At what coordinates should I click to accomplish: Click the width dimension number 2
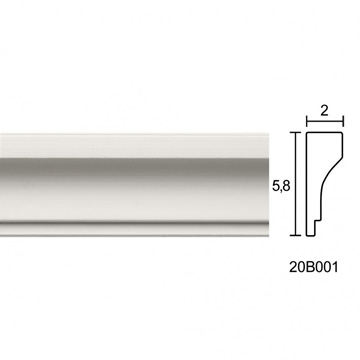[324, 111]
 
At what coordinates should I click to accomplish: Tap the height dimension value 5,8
[281, 187]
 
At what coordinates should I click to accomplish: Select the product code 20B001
[313, 267]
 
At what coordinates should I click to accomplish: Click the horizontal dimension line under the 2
[325, 121]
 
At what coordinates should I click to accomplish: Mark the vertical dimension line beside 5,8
[295, 184]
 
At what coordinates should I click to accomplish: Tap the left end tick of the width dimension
[307, 121]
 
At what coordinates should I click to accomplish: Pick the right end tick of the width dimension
[343, 121]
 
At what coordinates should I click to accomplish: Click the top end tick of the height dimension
[295, 132]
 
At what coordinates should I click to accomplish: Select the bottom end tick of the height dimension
[295, 235]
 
